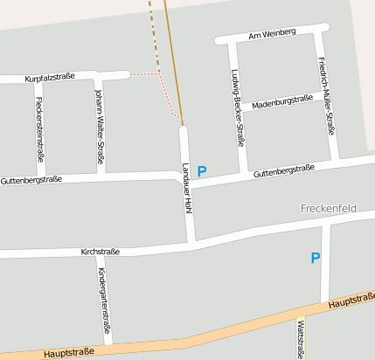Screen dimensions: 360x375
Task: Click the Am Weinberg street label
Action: click(x=272, y=33)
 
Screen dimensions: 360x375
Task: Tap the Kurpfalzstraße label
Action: click(x=50, y=78)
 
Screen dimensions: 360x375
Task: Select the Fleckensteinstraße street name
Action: click(x=40, y=128)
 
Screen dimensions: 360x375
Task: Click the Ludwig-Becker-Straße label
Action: click(x=236, y=107)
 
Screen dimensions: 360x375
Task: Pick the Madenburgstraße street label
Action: click(x=281, y=102)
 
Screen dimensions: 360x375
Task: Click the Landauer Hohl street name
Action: click(x=187, y=189)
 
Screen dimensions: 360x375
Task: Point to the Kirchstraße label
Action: click(x=99, y=252)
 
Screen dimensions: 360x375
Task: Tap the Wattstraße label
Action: click(x=302, y=340)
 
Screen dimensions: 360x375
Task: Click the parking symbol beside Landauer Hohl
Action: click(x=202, y=171)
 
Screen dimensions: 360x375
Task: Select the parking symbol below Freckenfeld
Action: click(x=316, y=258)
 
